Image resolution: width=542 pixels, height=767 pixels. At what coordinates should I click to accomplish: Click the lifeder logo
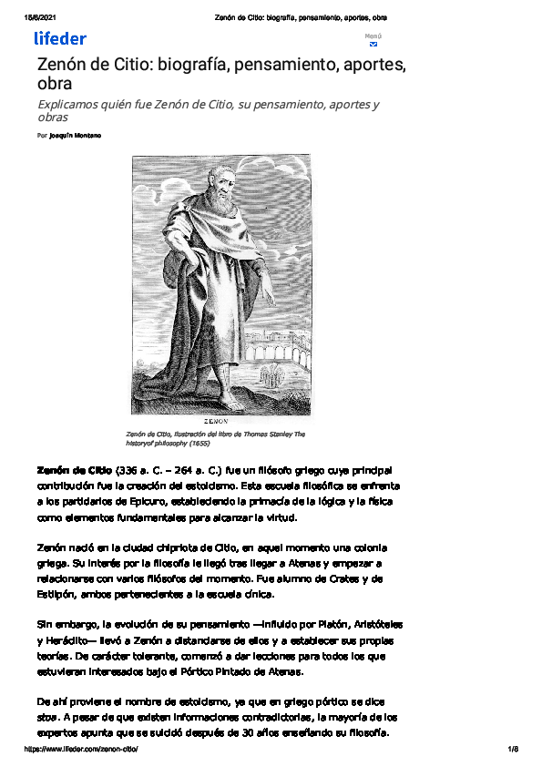pos(60,38)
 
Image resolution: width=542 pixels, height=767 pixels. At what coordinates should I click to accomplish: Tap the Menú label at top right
pos(373,36)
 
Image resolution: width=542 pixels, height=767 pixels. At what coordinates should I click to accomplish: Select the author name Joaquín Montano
pos(76,135)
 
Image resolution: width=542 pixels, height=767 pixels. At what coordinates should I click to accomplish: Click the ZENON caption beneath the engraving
pos(221,423)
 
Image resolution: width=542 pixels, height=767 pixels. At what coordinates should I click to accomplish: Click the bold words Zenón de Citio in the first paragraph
pos(74,471)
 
